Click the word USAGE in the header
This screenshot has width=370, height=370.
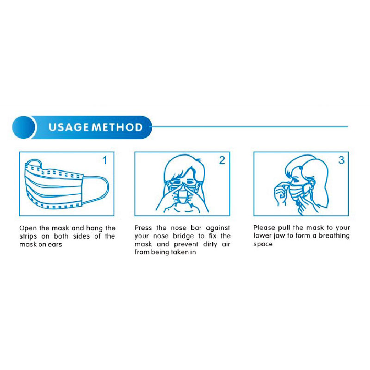pyautogui.click(x=68, y=127)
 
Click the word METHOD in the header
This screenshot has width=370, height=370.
pyautogui.click(x=117, y=127)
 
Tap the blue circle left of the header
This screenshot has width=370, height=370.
pyautogui.click(x=24, y=127)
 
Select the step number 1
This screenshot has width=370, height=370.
pyautogui.click(x=105, y=160)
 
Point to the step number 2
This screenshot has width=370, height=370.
pyautogui.click(x=222, y=160)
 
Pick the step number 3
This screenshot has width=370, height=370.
pyautogui.click(x=341, y=160)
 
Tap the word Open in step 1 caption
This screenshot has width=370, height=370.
pyautogui.click(x=28, y=228)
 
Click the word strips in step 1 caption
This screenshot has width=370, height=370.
pyautogui.click(x=28, y=236)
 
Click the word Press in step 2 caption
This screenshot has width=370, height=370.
pyautogui.click(x=143, y=228)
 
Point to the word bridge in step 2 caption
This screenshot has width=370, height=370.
pyautogui.click(x=183, y=236)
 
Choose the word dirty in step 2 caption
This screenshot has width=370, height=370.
pyautogui.click(x=210, y=244)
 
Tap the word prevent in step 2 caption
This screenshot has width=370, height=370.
pyautogui.click(x=186, y=245)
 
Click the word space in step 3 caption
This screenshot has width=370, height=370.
pyautogui.click(x=263, y=244)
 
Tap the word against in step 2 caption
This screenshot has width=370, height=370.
pyautogui.click(x=218, y=228)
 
